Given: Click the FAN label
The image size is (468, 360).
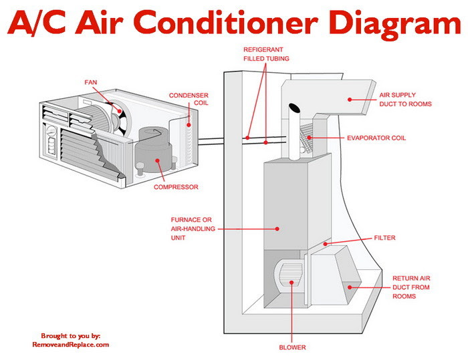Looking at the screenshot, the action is coord(91,82).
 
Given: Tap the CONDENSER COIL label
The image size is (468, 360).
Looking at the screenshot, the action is coord(189,99).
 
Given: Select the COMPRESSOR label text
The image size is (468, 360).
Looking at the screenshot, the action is coord(176,187).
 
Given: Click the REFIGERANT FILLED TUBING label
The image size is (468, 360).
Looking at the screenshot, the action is coord(266,54).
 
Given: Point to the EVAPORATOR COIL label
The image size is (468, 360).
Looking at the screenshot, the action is coord(376,138).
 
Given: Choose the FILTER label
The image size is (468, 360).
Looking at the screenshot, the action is coord(384,238).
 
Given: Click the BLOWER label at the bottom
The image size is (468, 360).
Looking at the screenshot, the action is coord(292,347).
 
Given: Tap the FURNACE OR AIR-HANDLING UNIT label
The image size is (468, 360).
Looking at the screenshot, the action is coord(193,229).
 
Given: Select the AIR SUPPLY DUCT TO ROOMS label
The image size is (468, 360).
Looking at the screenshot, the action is coord(405,100).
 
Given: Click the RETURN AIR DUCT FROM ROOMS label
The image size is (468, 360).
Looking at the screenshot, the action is coord(411,287).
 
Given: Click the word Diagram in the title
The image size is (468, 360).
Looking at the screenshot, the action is coord(395,23).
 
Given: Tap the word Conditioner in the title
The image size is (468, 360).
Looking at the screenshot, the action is coord(225,22).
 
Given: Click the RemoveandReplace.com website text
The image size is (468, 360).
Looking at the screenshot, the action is coord(70,345).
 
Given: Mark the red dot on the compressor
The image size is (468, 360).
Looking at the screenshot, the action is coord(157,160).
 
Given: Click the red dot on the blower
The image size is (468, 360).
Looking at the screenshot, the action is coord(291,282).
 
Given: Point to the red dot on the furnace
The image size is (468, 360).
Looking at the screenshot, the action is coord(277,229).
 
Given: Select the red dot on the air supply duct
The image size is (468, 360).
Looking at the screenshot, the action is coord(350,100).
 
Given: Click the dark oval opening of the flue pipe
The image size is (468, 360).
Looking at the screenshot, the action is coord(294,108).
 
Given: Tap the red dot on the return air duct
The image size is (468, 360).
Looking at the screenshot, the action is coord(350,287).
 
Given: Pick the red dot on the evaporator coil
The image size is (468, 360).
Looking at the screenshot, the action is coord(309,138).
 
